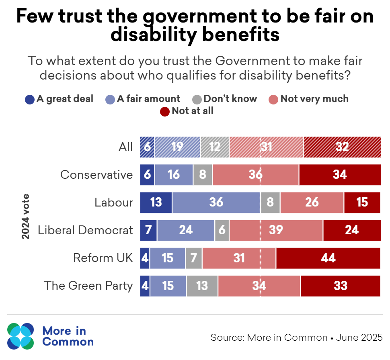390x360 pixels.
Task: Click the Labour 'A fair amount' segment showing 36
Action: click(x=216, y=202)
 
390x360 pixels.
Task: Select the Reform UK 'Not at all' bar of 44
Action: click(x=328, y=258)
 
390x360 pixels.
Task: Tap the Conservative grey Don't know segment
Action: click(x=203, y=175)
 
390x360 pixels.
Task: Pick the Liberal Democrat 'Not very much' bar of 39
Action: click(x=276, y=230)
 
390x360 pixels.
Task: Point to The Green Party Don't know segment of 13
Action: click(x=202, y=286)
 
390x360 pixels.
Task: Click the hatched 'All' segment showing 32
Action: click(x=342, y=147)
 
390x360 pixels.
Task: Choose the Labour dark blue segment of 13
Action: click(x=156, y=202)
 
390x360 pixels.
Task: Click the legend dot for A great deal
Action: click(x=30, y=99)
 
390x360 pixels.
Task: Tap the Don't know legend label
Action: click(x=230, y=99)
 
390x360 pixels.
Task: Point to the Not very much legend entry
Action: click(x=314, y=99)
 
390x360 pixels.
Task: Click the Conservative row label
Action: click(x=96, y=175)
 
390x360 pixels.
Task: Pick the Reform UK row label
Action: click(x=103, y=258)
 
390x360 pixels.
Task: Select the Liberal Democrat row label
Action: click(x=85, y=230)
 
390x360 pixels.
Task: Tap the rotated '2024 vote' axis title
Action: click(x=26, y=217)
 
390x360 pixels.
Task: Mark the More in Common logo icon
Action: click(x=21, y=336)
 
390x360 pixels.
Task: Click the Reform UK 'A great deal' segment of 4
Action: click(x=145, y=258)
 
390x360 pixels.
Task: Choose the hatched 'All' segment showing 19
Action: click(x=177, y=147)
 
